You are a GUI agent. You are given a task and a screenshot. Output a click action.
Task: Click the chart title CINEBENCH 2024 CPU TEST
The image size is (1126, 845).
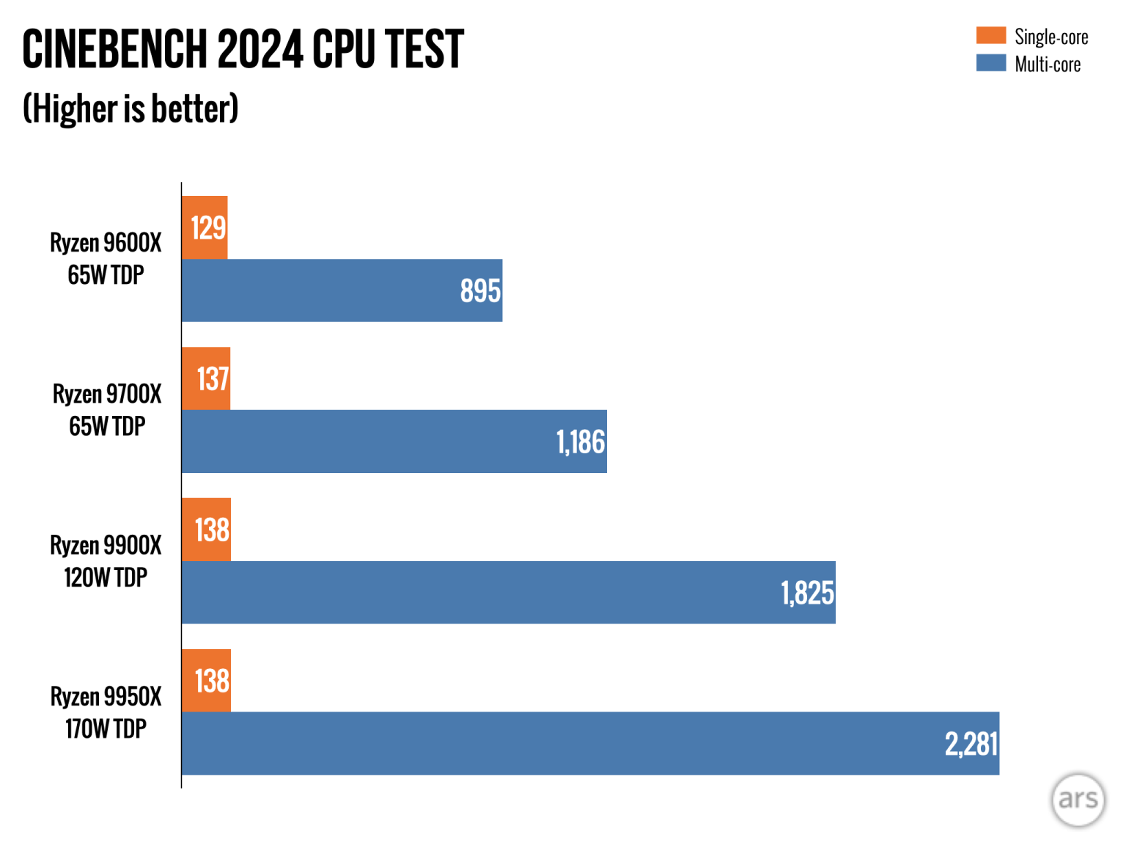243,50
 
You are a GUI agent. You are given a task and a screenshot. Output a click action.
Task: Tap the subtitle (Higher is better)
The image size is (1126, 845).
130,109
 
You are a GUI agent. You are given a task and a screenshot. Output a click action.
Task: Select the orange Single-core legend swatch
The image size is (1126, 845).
990,35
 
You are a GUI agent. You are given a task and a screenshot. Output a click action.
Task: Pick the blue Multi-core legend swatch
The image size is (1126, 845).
990,63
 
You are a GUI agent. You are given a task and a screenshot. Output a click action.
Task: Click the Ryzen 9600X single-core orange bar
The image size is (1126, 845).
205,227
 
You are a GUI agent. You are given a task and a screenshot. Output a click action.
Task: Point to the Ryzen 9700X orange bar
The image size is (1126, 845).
205,378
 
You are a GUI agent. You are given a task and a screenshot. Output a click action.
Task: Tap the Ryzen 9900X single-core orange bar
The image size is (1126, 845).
206,530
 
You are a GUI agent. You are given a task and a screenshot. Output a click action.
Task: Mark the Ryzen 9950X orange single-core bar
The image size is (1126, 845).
206,681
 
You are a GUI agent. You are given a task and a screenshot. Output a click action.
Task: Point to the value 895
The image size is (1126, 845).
480,291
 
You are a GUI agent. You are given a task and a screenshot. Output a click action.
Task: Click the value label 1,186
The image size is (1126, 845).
581,442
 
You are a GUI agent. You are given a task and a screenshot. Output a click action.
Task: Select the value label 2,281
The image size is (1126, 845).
971,745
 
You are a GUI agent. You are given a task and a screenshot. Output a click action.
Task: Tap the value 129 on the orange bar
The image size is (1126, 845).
208,228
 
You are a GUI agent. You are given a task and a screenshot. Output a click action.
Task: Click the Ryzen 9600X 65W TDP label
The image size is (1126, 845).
106,258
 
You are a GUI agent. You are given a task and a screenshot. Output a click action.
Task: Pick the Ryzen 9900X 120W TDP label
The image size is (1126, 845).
106,561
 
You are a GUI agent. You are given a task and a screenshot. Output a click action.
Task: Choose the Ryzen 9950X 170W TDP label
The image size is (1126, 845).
106,712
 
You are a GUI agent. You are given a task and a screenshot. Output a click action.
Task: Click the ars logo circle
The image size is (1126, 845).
1078,800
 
